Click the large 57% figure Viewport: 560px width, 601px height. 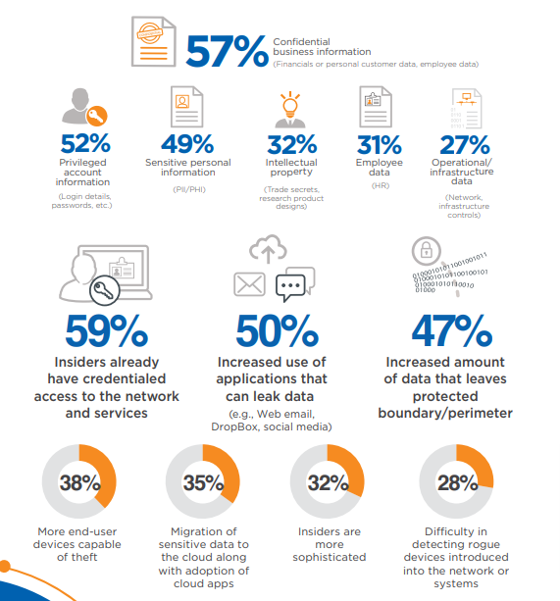click(x=226, y=51)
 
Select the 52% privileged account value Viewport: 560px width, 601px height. click(x=84, y=143)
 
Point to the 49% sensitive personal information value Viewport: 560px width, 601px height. click(x=187, y=143)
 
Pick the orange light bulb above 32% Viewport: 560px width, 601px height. click(x=290, y=102)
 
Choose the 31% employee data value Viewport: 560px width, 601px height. click(x=377, y=143)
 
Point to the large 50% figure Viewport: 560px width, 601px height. click(x=273, y=331)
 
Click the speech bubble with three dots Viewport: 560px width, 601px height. click(x=294, y=283)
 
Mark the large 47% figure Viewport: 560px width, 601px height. click(x=451, y=331)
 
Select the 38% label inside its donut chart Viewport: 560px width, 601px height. click(x=79, y=482)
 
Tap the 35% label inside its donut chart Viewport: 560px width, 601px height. click(x=204, y=482)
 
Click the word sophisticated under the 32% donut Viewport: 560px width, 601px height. click(x=330, y=557)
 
